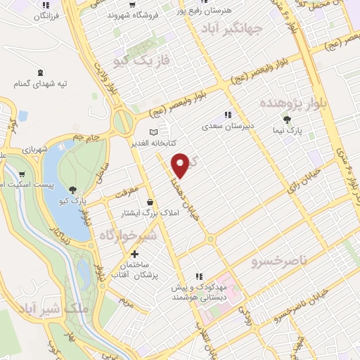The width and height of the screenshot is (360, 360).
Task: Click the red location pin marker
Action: click(181, 165)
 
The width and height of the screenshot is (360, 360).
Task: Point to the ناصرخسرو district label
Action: click(279, 261)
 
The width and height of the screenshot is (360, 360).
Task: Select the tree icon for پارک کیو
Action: click(73, 189)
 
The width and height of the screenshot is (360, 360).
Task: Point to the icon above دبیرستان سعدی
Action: click(227, 114)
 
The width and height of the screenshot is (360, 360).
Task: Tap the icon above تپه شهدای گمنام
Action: click(39, 72)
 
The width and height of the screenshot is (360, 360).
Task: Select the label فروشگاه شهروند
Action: click(134, 13)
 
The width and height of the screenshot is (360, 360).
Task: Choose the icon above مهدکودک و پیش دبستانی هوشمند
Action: click(200, 276)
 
